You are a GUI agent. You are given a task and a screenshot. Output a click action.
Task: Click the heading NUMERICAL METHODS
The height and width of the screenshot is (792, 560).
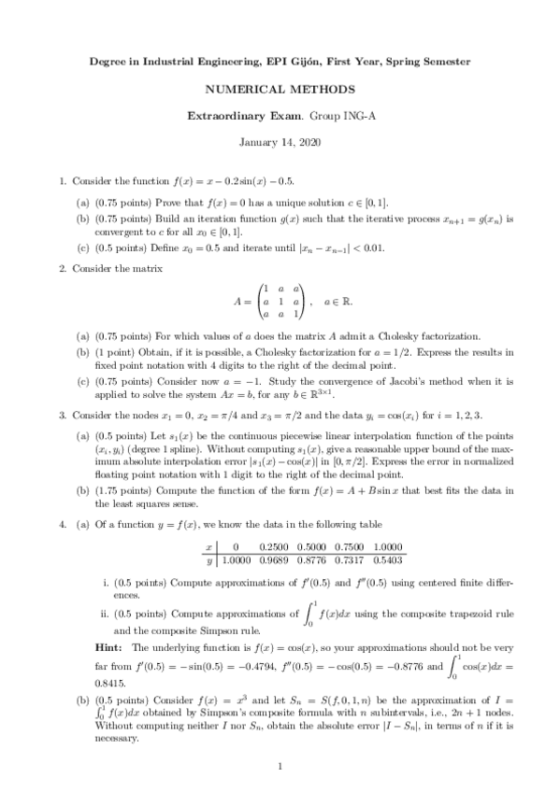280,90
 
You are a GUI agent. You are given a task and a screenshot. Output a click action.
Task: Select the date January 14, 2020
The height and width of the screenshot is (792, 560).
280,142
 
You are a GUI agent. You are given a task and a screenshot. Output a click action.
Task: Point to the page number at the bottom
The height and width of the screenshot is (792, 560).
280,767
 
